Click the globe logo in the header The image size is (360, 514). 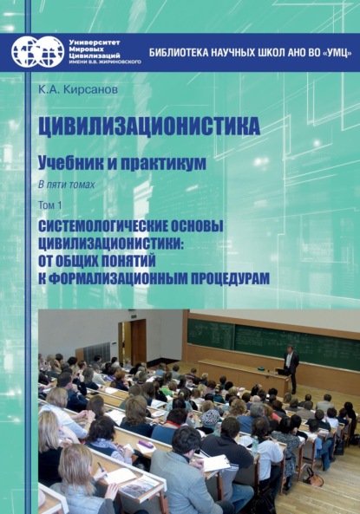coord(37,52)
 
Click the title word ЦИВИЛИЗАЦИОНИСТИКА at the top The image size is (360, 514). coord(148,127)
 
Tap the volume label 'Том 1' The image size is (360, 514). coord(49,205)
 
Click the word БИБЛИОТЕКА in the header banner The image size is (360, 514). coord(180,52)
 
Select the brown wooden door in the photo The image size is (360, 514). coord(138,341)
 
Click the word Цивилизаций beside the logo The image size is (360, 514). coord(95,56)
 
